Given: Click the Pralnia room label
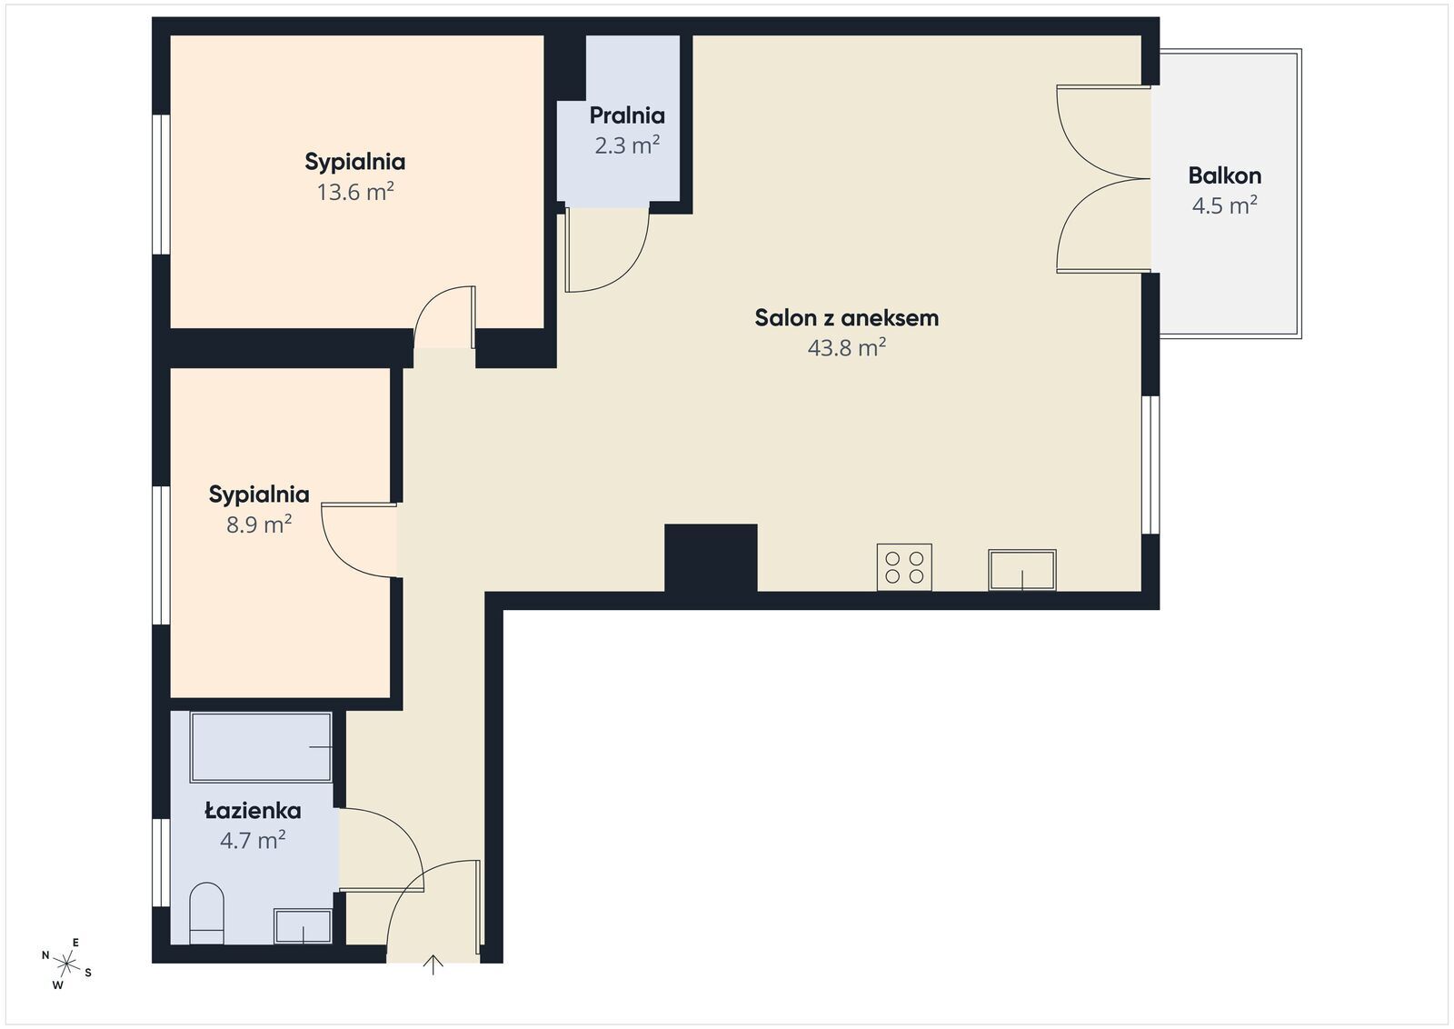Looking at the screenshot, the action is pyautogui.click(x=627, y=115).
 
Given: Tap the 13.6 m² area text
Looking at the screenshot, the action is pyautogui.click(x=355, y=192).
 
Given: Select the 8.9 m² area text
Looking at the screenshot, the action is pyautogui.click(x=259, y=524).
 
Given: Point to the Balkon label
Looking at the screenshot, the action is pyautogui.click(x=1225, y=176).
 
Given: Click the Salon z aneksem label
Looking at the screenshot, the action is pyautogui.click(x=846, y=318).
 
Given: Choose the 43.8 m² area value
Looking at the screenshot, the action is pyautogui.click(x=846, y=348).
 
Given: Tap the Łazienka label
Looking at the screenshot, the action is pyautogui.click(x=254, y=810).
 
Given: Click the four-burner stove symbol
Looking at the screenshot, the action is pyautogui.click(x=904, y=566).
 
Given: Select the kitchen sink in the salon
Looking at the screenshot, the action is pyautogui.click(x=1022, y=570).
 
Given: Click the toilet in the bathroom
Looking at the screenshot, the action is pyautogui.click(x=206, y=913).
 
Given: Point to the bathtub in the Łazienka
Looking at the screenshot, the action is pyautogui.click(x=261, y=747).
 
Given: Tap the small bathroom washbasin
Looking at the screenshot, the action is pyautogui.click(x=303, y=925).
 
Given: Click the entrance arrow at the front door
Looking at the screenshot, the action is pyautogui.click(x=433, y=964).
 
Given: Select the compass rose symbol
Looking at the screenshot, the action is pyautogui.click(x=66, y=964).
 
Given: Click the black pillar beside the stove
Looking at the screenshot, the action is pyautogui.click(x=711, y=558).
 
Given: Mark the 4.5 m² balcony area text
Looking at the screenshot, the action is pyautogui.click(x=1225, y=205).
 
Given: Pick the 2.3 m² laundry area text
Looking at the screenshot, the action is pyautogui.click(x=627, y=145).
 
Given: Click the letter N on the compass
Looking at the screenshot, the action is pyautogui.click(x=45, y=954).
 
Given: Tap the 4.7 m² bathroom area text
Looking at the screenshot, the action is pyautogui.click(x=254, y=841).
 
